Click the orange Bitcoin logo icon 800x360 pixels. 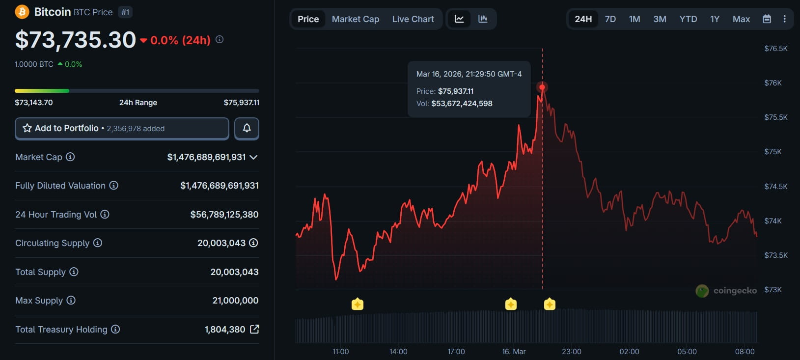[x=22, y=12]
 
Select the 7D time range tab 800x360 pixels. [x=610, y=19]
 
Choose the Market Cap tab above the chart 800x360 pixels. [x=356, y=19]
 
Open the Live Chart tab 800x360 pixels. [x=413, y=19]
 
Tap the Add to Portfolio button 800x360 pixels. [x=122, y=128]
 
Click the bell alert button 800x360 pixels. [x=247, y=128]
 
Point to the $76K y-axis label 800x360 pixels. [x=772, y=83]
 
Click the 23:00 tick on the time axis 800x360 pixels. [x=572, y=352]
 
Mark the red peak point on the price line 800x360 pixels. [x=542, y=87]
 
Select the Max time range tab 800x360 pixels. [x=741, y=19]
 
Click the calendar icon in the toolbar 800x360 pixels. [x=767, y=19]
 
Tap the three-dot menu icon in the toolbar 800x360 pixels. [x=784, y=19]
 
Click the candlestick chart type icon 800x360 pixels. [x=483, y=19]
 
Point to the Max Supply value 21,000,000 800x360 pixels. [x=235, y=301]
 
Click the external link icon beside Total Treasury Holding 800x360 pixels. [x=254, y=329]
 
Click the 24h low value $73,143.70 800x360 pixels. [x=34, y=103]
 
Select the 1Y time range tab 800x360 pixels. [x=715, y=19]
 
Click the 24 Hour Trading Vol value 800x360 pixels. [x=224, y=215]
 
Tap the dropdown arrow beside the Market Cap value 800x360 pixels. [x=253, y=157]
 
